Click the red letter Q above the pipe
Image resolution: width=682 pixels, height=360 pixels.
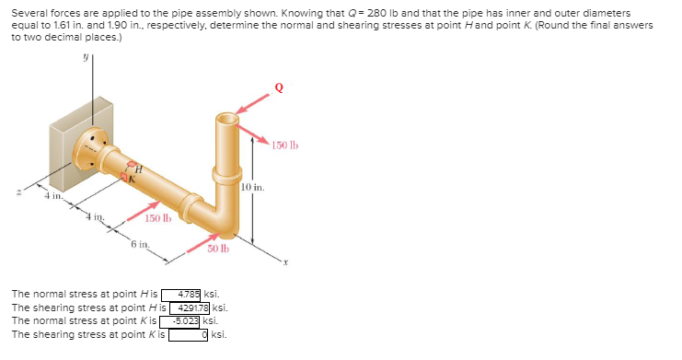click(279, 87)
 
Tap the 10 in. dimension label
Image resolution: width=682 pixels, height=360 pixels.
click(253, 188)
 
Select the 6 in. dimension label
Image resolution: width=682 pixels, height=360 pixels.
click(139, 244)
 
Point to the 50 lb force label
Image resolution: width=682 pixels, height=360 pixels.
click(218, 250)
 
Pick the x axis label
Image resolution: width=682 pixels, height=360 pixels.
click(287, 261)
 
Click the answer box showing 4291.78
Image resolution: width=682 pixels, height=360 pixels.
click(190, 308)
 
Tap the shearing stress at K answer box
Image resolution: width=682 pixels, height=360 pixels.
click(188, 334)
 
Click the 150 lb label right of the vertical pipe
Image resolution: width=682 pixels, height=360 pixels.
click(285, 145)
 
